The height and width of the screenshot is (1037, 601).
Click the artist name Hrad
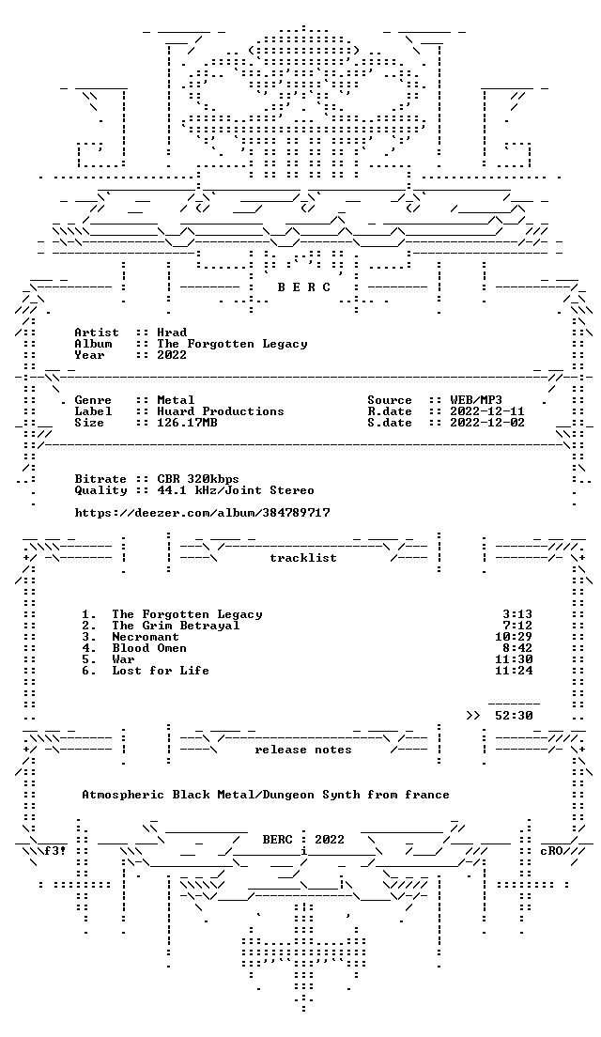(172, 333)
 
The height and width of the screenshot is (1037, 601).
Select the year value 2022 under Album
(172, 355)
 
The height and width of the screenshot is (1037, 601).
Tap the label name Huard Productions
(220, 411)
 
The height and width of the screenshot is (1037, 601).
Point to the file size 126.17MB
(187, 423)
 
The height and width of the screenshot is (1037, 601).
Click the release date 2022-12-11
(487, 411)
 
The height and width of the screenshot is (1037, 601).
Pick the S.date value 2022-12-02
(487, 423)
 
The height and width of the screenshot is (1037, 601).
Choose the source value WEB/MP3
(476, 400)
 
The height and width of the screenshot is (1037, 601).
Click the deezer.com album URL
(202, 513)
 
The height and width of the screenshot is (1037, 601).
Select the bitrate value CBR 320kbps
(198, 479)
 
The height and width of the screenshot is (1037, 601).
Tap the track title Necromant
(146, 637)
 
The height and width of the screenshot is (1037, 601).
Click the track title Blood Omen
(149, 648)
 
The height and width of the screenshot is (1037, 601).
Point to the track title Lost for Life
(161, 671)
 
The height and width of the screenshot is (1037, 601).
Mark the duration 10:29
(514, 637)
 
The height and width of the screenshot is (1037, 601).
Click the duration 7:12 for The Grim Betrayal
(517, 626)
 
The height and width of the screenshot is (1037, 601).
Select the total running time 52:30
(514, 716)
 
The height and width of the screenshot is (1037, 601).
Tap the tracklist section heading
(302, 558)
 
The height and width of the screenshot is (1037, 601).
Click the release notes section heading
(302, 750)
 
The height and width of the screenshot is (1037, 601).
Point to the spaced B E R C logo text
(302, 287)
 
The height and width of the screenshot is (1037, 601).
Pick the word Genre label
(93, 400)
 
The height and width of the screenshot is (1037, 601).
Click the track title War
(124, 659)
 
